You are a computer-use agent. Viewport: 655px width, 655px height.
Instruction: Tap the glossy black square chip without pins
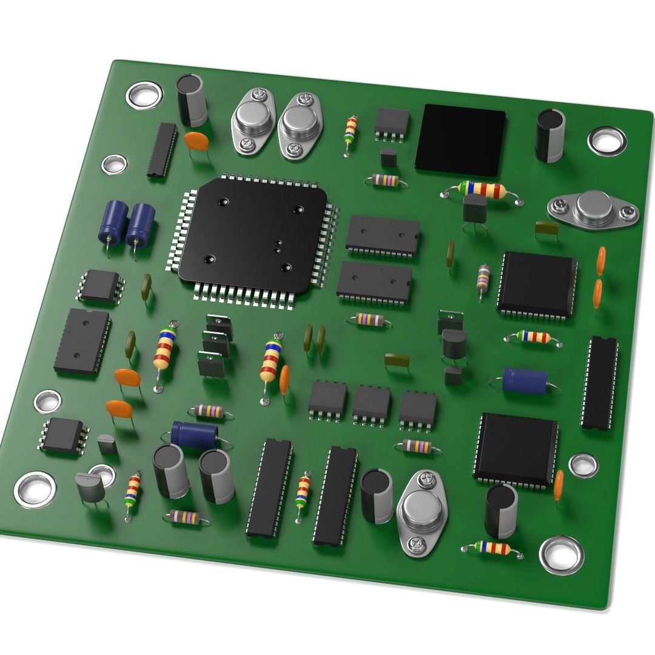tap(460, 139)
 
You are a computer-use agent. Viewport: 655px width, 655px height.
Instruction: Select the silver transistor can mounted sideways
tap(593, 207)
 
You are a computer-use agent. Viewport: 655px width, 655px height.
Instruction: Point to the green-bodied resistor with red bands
tap(483, 190)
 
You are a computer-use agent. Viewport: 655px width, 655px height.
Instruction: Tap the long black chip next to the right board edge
tap(600, 382)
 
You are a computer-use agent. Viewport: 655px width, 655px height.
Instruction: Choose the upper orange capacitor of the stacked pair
tap(601, 261)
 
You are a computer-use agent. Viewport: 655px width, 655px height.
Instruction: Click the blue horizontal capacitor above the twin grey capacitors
tap(194, 434)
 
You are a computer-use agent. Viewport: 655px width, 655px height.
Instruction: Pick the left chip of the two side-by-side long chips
tap(269, 488)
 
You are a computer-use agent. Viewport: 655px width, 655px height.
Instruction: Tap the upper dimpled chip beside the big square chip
tap(383, 235)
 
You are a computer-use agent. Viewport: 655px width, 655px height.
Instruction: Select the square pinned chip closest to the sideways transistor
tap(537, 284)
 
